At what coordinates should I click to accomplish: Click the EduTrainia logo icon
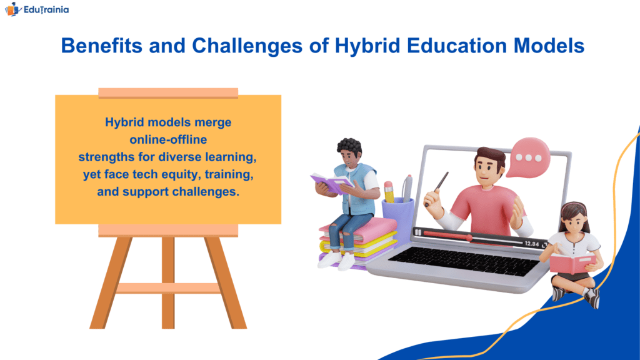point(12,9)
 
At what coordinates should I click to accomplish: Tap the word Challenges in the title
point(247,45)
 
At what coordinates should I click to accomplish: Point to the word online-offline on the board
point(168,139)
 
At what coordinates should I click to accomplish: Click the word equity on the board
point(181,175)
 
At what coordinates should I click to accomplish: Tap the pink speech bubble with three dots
point(528,157)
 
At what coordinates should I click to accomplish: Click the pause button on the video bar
point(418,232)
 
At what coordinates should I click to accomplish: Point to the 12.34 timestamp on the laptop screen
point(531,244)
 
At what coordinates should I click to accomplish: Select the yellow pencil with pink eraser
point(389,192)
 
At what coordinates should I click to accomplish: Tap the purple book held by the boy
point(331,183)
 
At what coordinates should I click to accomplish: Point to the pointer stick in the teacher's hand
point(437,187)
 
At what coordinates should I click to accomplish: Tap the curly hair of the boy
point(349,147)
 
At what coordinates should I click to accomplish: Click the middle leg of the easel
point(168,282)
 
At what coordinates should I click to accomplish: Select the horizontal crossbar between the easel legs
point(168,288)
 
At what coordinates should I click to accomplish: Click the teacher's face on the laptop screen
point(488,169)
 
